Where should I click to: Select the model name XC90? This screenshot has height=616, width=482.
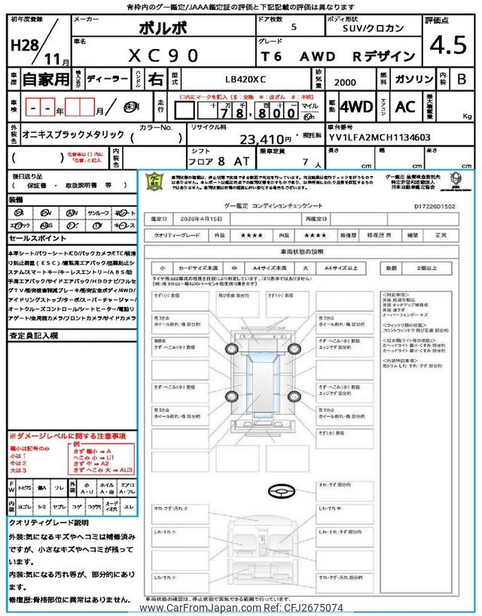pos(162,54)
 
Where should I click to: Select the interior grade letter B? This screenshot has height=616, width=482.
pos(462,78)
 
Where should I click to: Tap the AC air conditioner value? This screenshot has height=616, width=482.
pos(405,107)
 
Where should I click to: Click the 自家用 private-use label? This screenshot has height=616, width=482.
pos(39,78)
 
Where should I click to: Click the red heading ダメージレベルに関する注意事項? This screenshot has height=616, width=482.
pos(68,436)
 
